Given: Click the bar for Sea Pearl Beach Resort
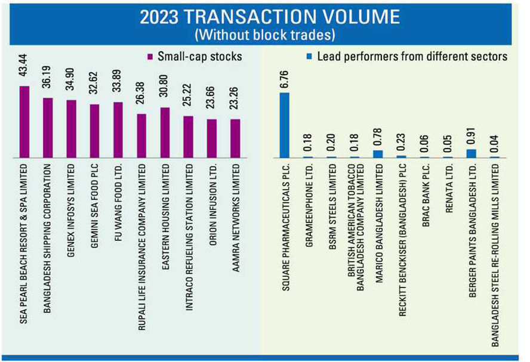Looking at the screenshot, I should pyautogui.click(x=24, y=122).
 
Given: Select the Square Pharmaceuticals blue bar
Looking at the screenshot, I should pyautogui.click(x=285, y=125).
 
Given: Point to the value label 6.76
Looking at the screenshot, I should pyautogui.click(x=285, y=78).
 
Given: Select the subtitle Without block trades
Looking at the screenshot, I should pyautogui.click(x=265, y=35).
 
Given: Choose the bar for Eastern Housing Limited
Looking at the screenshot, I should pyautogui.click(x=165, y=133).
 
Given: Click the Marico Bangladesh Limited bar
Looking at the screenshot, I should pyautogui.click(x=378, y=154).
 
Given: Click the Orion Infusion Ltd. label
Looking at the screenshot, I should pyautogui.click(x=212, y=197).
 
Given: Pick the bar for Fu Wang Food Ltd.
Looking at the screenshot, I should pyautogui.click(x=118, y=130).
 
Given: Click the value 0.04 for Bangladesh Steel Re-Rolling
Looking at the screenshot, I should pyautogui.click(x=495, y=145).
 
